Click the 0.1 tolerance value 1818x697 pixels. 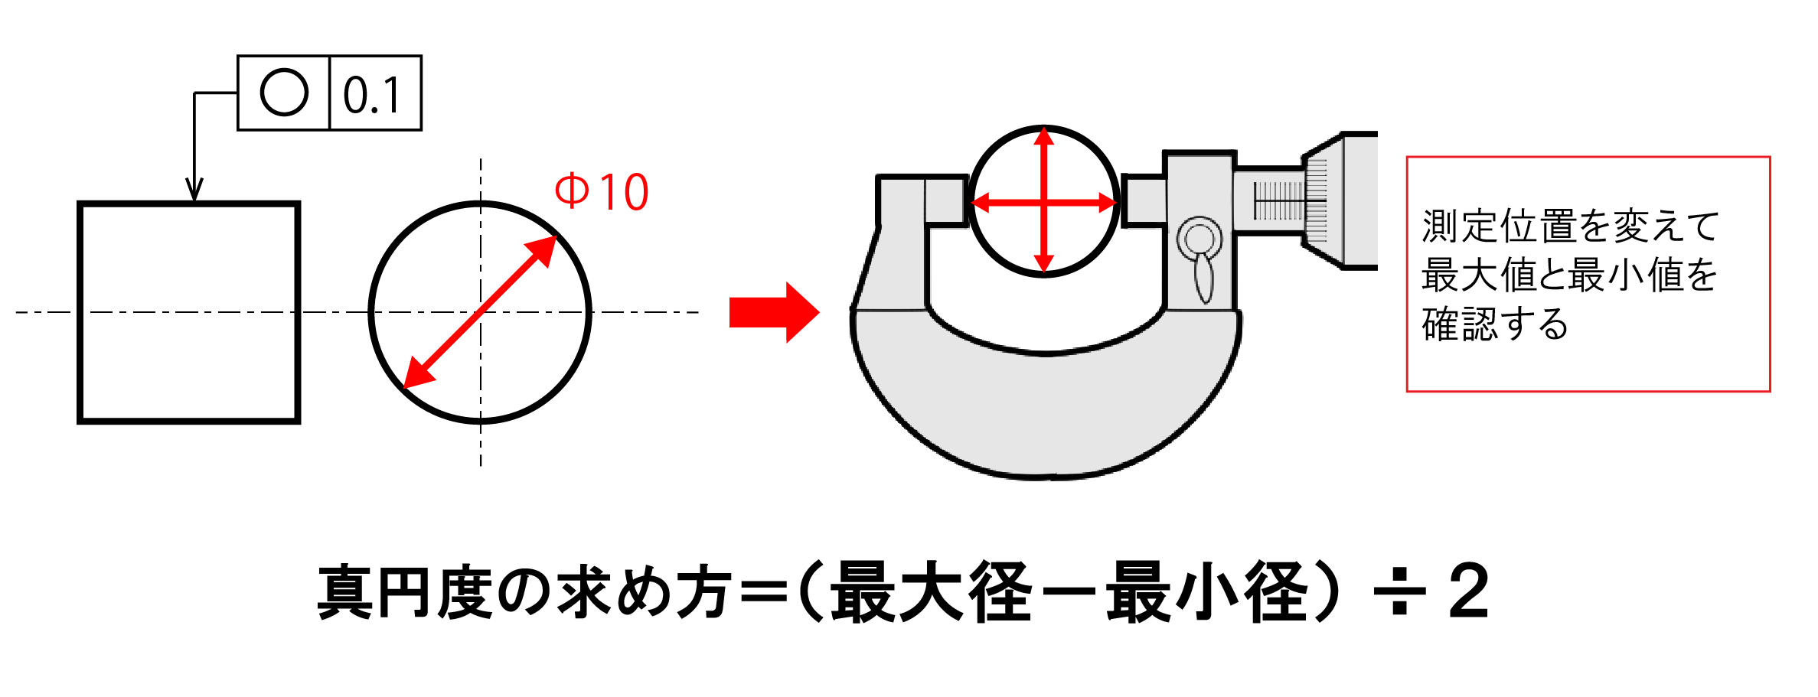click(372, 95)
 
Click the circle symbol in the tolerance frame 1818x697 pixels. click(284, 93)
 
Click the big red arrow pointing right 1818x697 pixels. click(774, 312)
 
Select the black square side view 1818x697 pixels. click(189, 312)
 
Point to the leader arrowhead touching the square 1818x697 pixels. click(194, 191)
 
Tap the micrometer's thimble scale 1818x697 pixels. click(1316, 203)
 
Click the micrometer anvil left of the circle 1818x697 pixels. click(945, 201)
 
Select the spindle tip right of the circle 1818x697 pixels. click(1144, 201)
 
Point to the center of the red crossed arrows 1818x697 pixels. click(1044, 203)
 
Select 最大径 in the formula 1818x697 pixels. click(931, 591)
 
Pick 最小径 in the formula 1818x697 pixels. click(1206, 591)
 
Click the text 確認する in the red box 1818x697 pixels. click(1495, 324)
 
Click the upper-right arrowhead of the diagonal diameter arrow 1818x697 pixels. click(544, 249)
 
